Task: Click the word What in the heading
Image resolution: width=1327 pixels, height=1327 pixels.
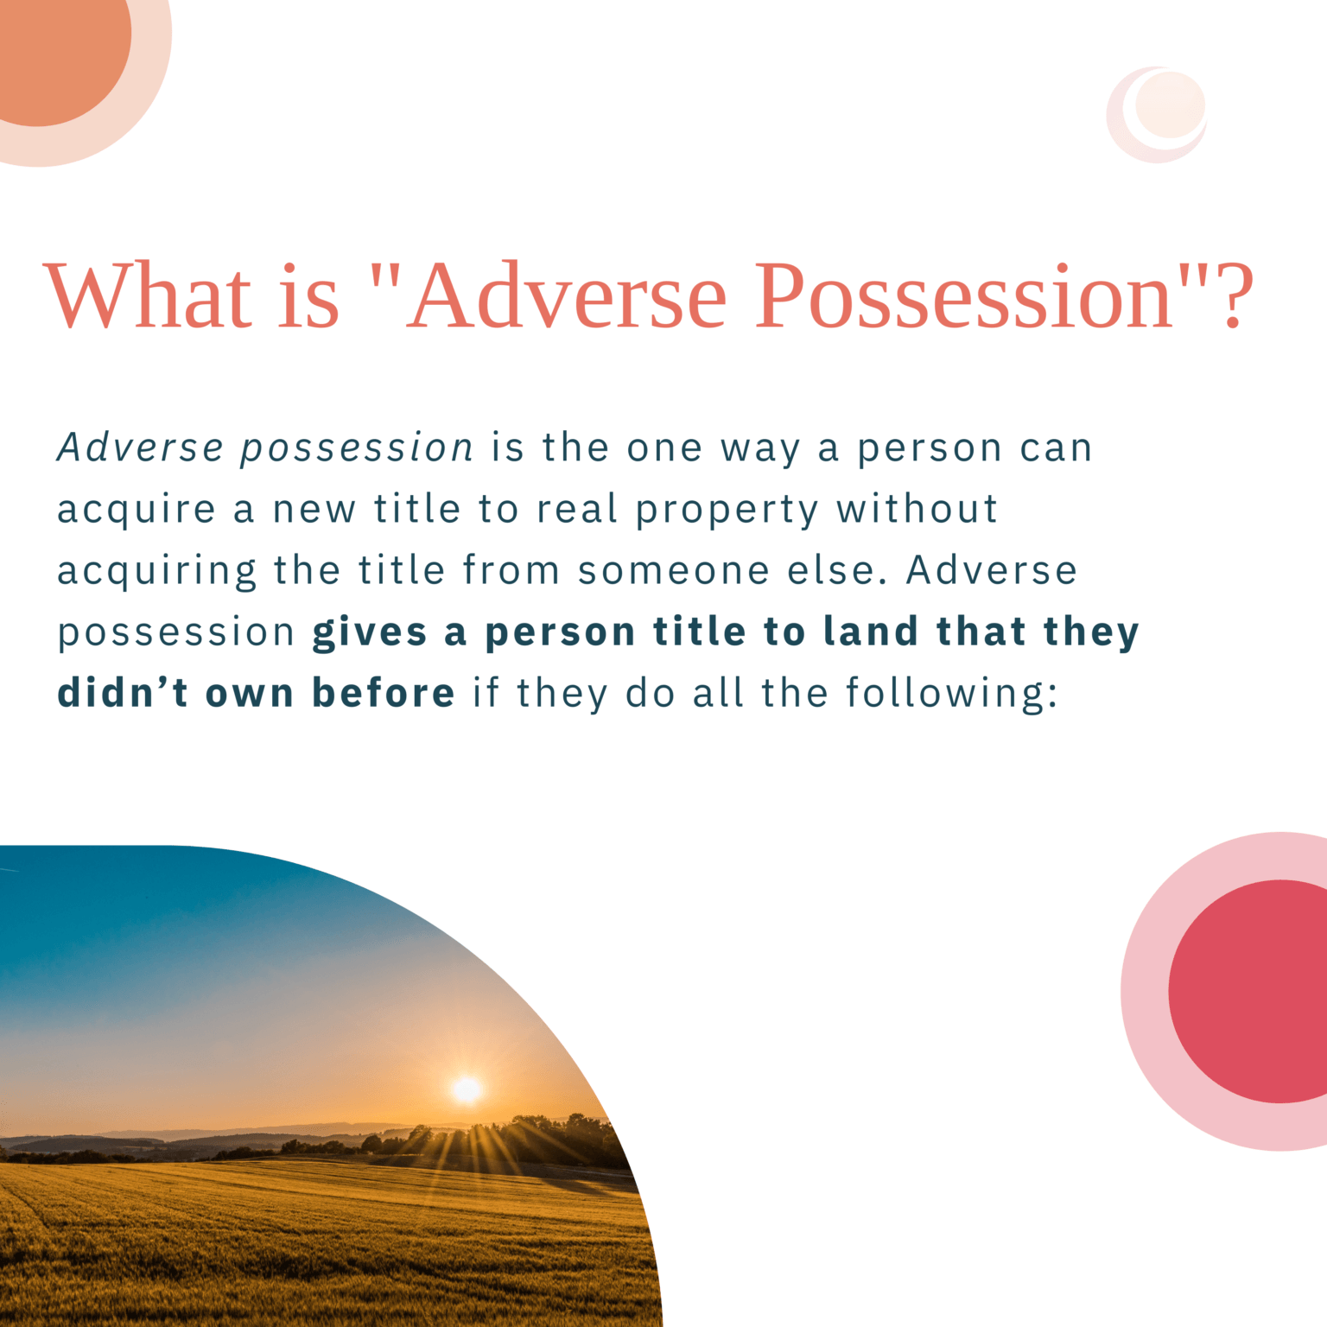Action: point(148,295)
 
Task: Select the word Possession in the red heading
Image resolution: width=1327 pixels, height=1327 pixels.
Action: point(965,295)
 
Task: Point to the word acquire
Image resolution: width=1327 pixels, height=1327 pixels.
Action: point(136,511)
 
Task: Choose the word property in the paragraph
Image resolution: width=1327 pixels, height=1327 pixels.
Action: point(727,511)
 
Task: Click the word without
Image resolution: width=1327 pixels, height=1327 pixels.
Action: point(917,509)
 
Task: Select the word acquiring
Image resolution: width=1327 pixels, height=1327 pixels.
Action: point(156,572)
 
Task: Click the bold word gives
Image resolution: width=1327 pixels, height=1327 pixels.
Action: point(370,632)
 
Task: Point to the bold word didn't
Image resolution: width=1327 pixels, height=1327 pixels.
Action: point(123,693)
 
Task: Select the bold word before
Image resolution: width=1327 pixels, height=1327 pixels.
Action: point(383,693)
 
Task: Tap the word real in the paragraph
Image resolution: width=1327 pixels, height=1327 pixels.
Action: point(576,509)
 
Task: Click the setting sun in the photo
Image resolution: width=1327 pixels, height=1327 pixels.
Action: point(467,1089)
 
